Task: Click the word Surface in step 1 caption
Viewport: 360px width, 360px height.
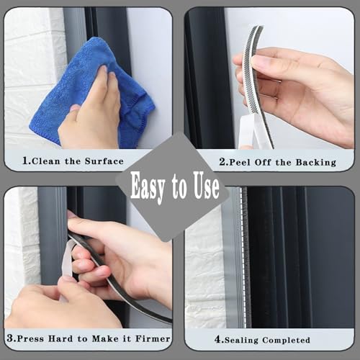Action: [x=102, y=161]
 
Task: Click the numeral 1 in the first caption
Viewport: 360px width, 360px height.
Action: [x=26, y=161]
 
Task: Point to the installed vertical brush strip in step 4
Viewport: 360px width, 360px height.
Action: [x=244, y=259]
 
